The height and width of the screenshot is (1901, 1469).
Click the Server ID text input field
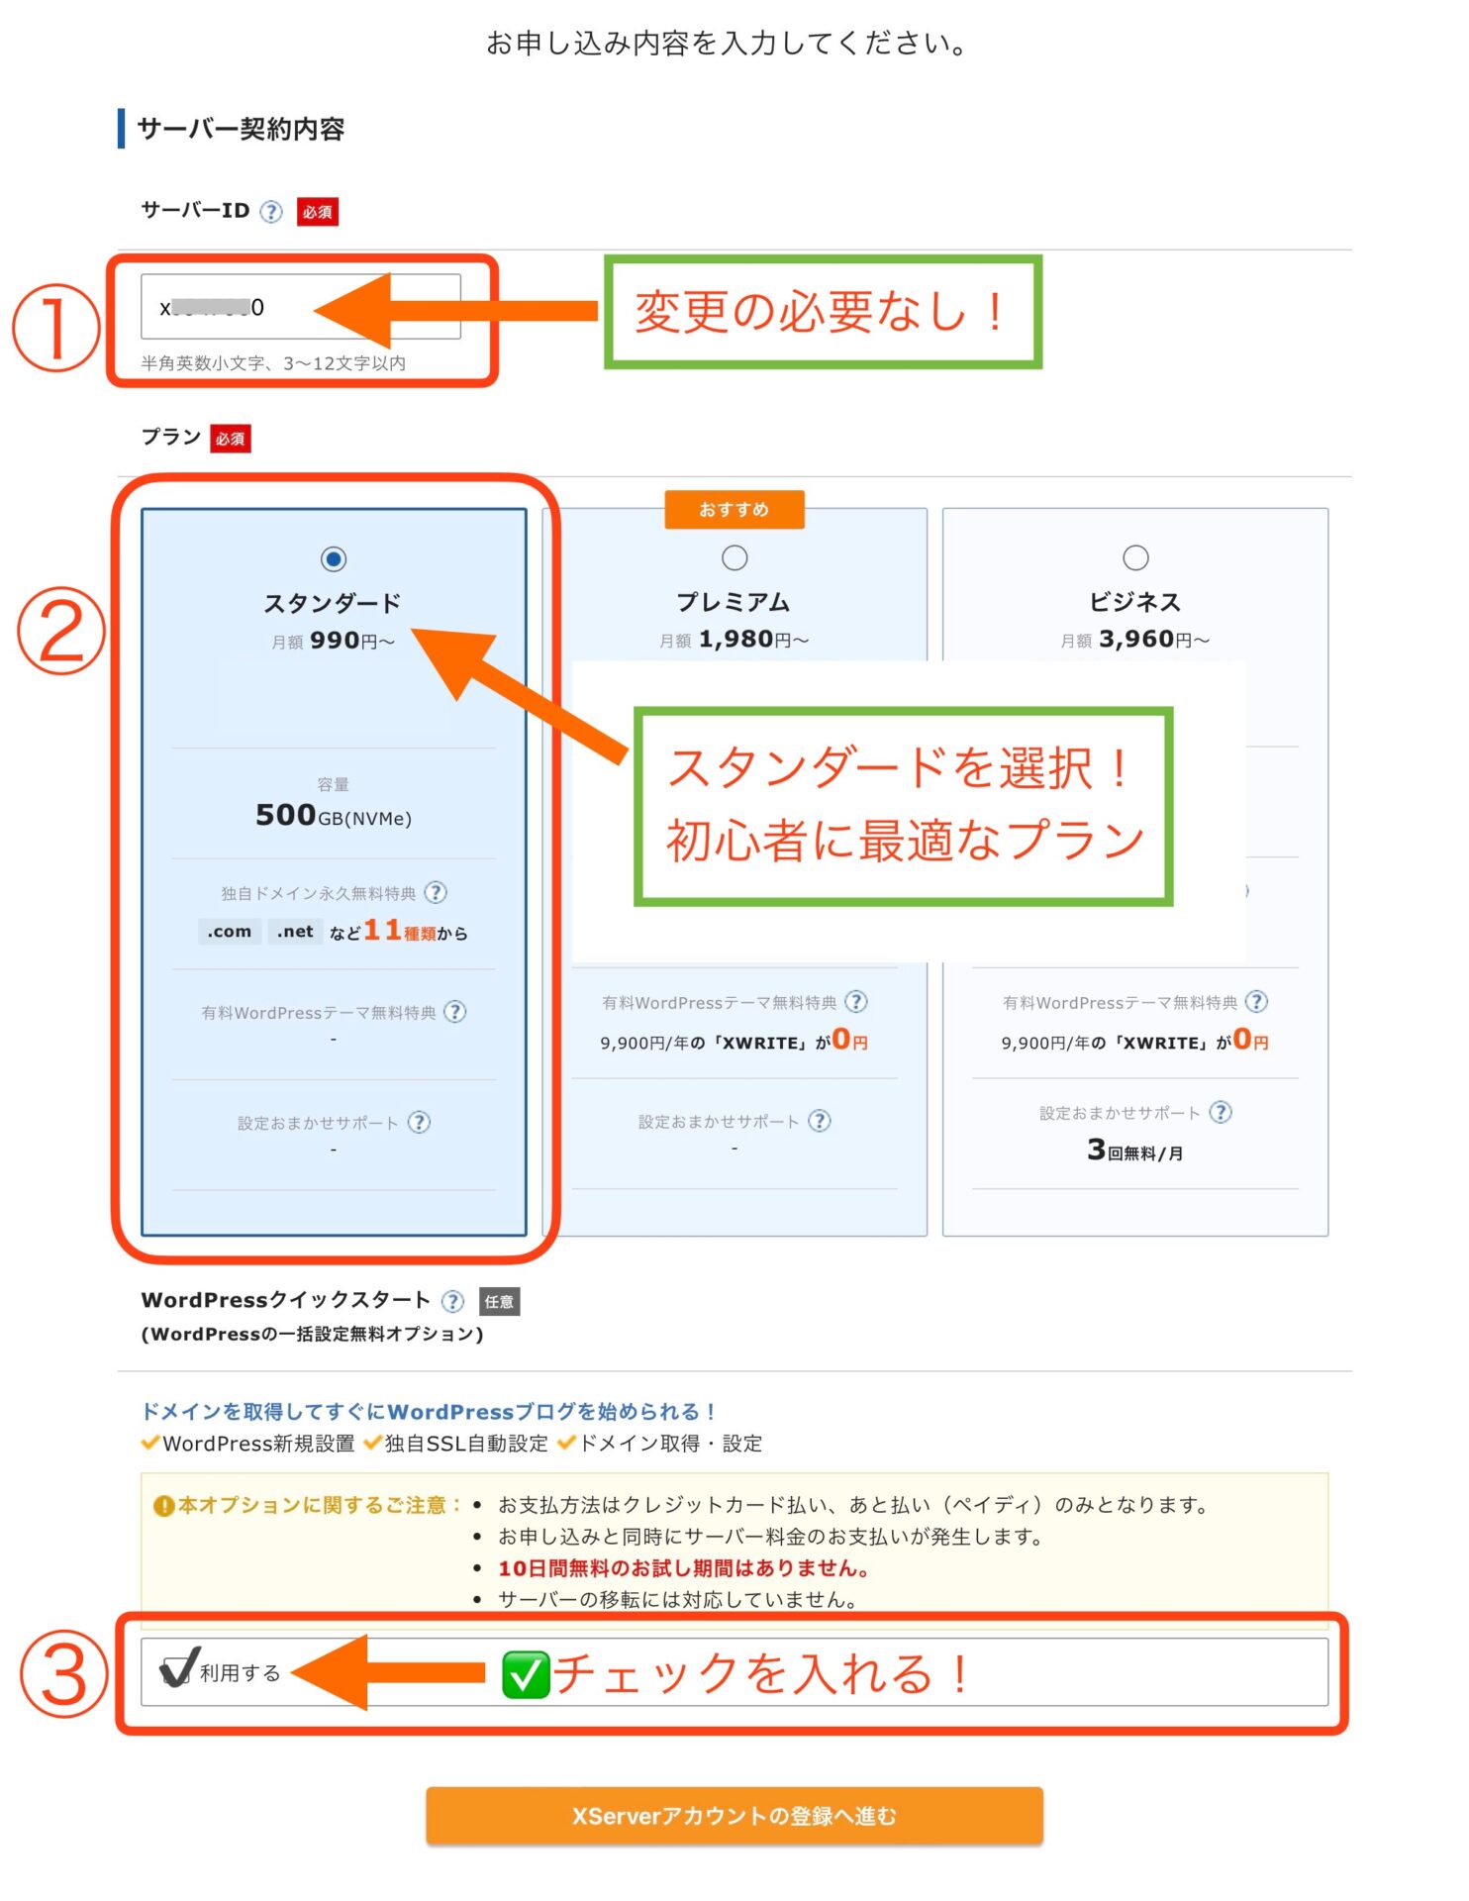point(300,307)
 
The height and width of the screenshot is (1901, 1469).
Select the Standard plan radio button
point(334,559)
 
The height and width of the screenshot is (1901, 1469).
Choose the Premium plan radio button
point(734,557)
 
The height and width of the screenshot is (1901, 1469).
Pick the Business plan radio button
point(1135,557)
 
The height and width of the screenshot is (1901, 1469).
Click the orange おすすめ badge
point(734,509)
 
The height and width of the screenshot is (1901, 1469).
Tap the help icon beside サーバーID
point(271,211)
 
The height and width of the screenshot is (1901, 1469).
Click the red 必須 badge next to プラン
point(230,439)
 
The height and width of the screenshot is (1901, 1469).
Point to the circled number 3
point(63,1675)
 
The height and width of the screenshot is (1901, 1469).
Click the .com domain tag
point(230,932)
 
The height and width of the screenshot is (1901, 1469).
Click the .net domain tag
point(295,932)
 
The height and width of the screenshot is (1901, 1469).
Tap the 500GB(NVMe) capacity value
point(334,816)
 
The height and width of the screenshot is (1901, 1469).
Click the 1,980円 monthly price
point(736,640)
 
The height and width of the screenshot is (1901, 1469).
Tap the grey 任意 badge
point(499,1301)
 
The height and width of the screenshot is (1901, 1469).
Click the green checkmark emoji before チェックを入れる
point(526,1674)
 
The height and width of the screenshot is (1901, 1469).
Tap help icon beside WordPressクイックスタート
point(452,1301)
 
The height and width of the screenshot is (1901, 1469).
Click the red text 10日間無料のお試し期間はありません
point(683,1568)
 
